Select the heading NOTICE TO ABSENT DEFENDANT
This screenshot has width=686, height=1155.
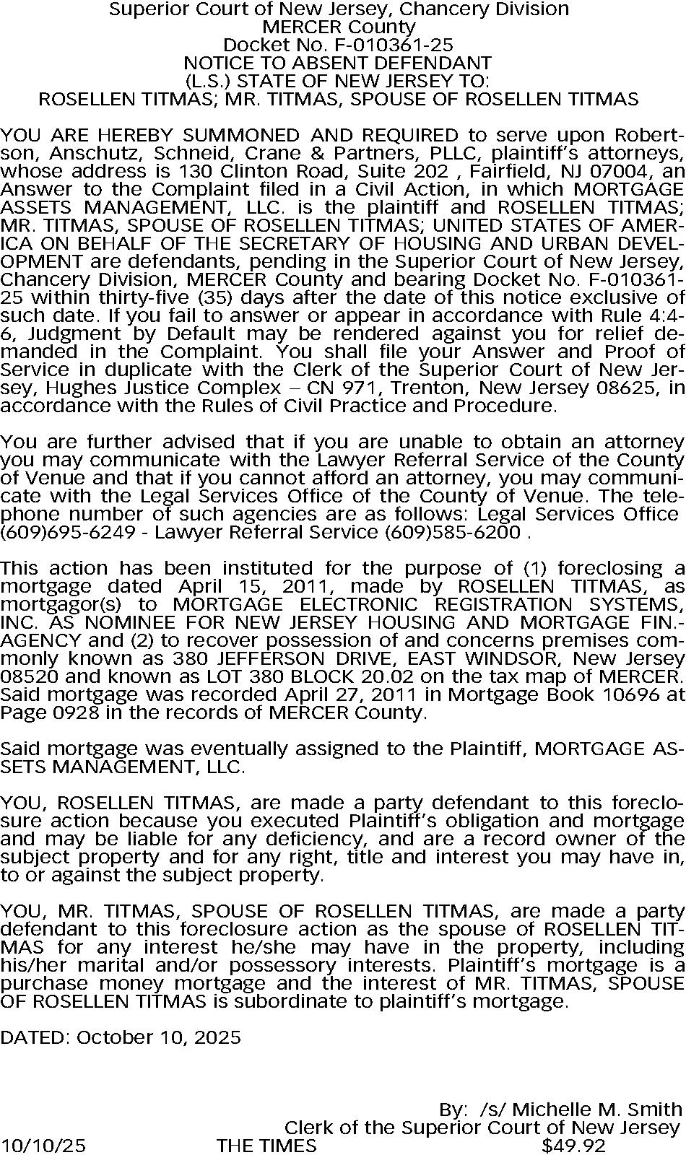point(338,63)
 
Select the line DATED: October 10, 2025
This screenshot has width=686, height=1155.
point(121,1037)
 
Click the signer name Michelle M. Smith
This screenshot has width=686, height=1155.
point(597,1110)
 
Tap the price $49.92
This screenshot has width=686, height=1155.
point(573,1146)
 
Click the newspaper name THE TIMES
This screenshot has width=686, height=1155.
point(266,1146)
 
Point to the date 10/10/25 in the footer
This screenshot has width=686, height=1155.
point(43,1146)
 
